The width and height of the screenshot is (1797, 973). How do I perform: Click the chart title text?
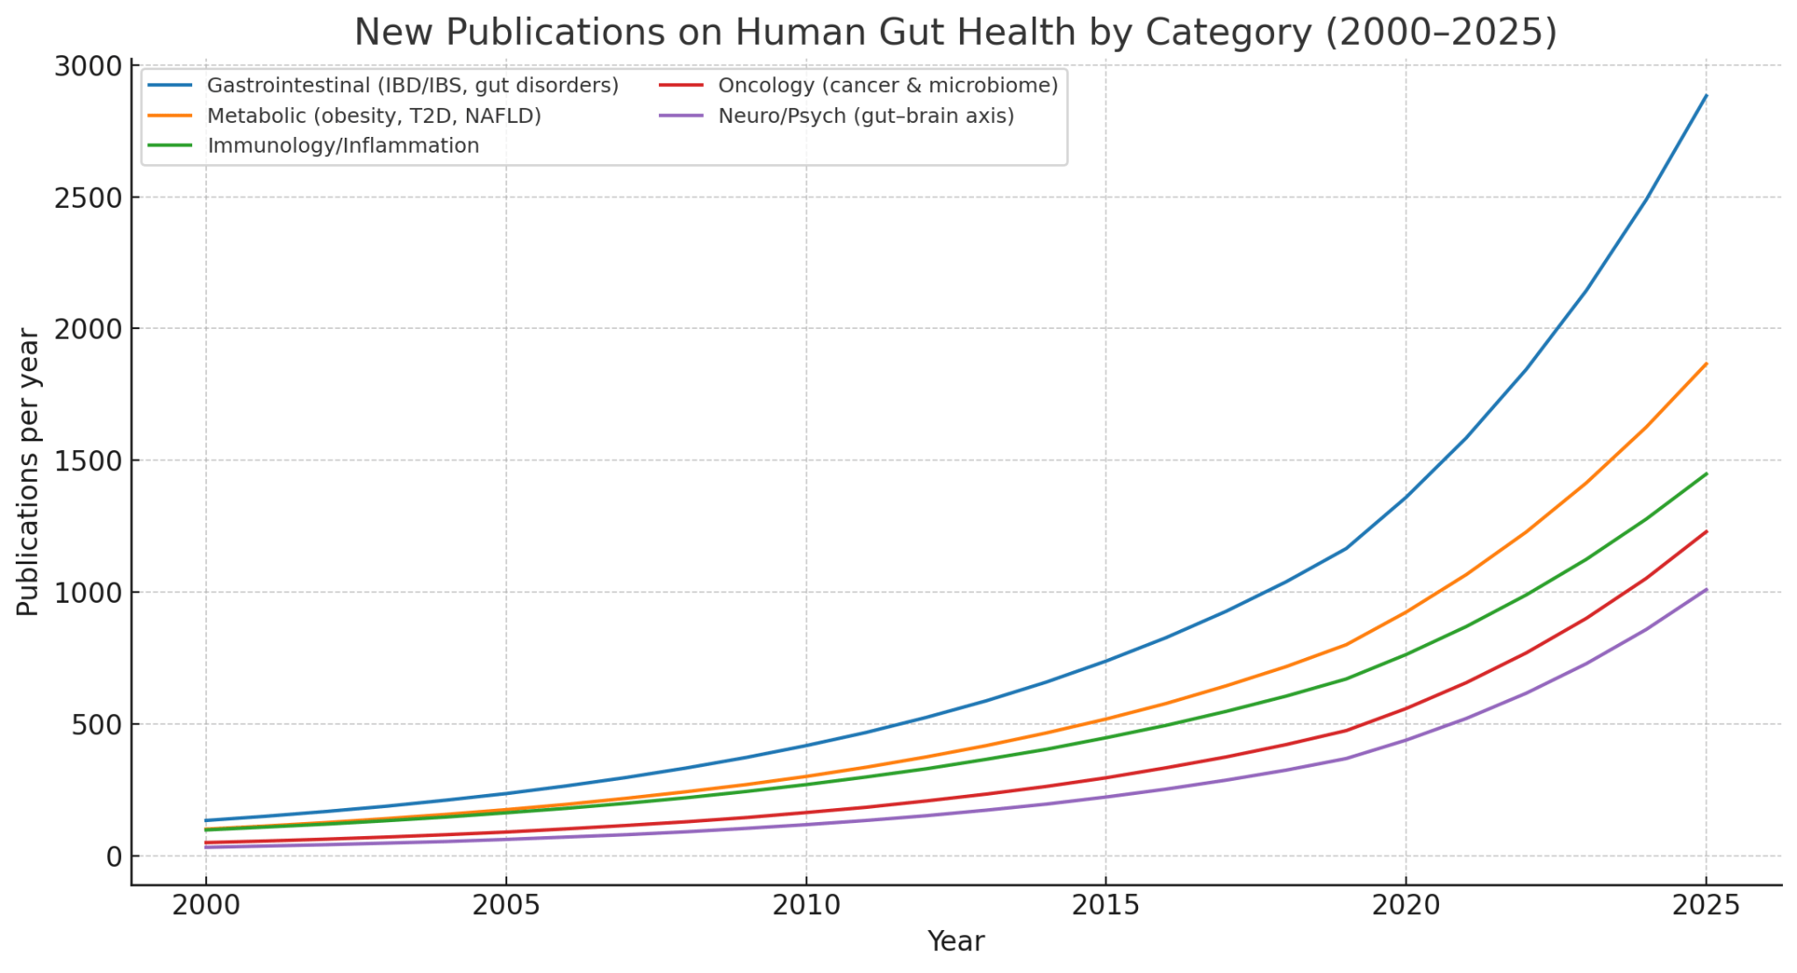955,32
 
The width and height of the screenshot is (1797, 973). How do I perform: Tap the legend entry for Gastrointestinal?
412,86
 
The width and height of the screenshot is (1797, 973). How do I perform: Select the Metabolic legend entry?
374,116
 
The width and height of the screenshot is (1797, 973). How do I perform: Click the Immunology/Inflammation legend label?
343,146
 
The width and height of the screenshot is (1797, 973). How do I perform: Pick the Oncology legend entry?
887,86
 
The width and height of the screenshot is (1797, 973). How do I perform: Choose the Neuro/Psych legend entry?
865,116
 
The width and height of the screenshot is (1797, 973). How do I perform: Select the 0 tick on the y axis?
114,857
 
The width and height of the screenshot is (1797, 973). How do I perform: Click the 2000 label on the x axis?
205,906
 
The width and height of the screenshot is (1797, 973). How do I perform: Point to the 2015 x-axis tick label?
1105,906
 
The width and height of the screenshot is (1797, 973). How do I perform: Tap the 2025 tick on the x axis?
1706,906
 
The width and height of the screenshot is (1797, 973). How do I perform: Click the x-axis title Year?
956,942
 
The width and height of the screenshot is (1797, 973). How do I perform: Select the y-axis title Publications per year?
28,472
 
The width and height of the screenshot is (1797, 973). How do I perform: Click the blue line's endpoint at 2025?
1706,95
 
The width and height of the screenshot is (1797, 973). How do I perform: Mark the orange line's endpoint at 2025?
1706,363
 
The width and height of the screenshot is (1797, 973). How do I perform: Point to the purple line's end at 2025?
1706,590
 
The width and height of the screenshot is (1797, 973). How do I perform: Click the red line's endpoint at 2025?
1706,532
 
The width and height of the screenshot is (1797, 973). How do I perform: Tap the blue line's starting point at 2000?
206,820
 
